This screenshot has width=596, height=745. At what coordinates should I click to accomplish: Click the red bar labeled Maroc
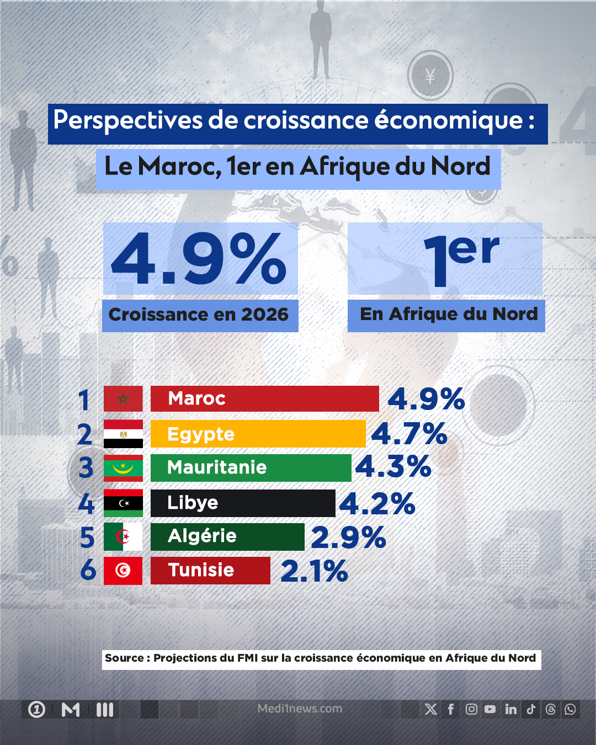264,398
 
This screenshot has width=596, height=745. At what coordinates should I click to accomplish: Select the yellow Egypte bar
258,434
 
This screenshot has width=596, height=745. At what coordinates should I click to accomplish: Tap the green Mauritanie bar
251,467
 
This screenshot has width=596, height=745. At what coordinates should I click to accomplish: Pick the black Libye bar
243,503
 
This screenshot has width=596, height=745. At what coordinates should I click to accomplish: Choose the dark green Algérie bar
227,536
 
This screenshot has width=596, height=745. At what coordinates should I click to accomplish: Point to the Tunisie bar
210,570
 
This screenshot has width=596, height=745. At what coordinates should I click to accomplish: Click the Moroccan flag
123,398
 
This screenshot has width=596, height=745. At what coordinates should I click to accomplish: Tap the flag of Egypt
123,434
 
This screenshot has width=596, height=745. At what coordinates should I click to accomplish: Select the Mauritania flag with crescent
123,468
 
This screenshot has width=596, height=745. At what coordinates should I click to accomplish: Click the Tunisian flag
123,570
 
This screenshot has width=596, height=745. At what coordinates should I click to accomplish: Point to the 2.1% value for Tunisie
314,571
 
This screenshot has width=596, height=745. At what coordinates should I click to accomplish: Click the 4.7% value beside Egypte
409,434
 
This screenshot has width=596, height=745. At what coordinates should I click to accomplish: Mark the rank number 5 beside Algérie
87,538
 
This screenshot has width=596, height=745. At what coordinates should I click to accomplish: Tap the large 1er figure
461,259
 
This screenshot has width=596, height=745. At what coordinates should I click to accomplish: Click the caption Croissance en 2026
199,315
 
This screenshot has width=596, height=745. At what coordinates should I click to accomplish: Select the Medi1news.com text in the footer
300,709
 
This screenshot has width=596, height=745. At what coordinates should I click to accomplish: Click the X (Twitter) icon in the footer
431,709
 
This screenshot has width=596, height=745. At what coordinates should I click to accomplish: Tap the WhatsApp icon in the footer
570,709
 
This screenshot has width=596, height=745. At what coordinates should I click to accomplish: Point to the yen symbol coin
430,76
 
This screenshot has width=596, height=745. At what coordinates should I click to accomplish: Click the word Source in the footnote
124,658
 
